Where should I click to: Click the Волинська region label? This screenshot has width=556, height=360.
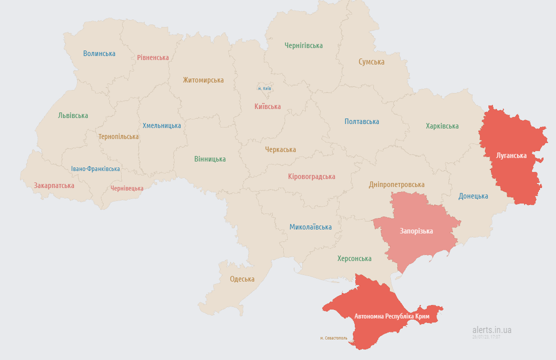[99, 53]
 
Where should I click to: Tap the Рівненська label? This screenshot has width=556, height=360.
[153, 57]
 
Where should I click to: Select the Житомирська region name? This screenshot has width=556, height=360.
[203, 80]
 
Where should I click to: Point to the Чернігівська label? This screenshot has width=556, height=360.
[303, 45]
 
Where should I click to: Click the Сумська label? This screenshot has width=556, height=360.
[371, 62]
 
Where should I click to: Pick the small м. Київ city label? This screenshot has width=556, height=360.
[264, 88]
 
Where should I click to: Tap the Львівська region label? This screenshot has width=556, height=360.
[73, 115]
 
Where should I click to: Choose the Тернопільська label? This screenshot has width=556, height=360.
[119, 136]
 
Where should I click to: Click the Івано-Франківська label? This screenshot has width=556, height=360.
[95, 169]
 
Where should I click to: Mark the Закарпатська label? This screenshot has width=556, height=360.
[54, 185]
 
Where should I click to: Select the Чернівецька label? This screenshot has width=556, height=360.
[127, 188]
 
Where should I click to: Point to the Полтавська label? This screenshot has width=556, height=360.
[361, 121]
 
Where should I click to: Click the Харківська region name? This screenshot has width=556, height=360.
[442, 126]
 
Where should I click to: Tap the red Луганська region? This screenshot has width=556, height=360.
[511, 155]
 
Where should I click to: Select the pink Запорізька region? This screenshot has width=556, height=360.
[416, 231]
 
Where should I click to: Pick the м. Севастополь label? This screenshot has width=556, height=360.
[333, 338]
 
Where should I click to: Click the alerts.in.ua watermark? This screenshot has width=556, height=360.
[491, 330]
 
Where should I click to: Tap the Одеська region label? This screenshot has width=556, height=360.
[242, 279]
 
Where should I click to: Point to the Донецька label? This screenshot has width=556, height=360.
[473, 196]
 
